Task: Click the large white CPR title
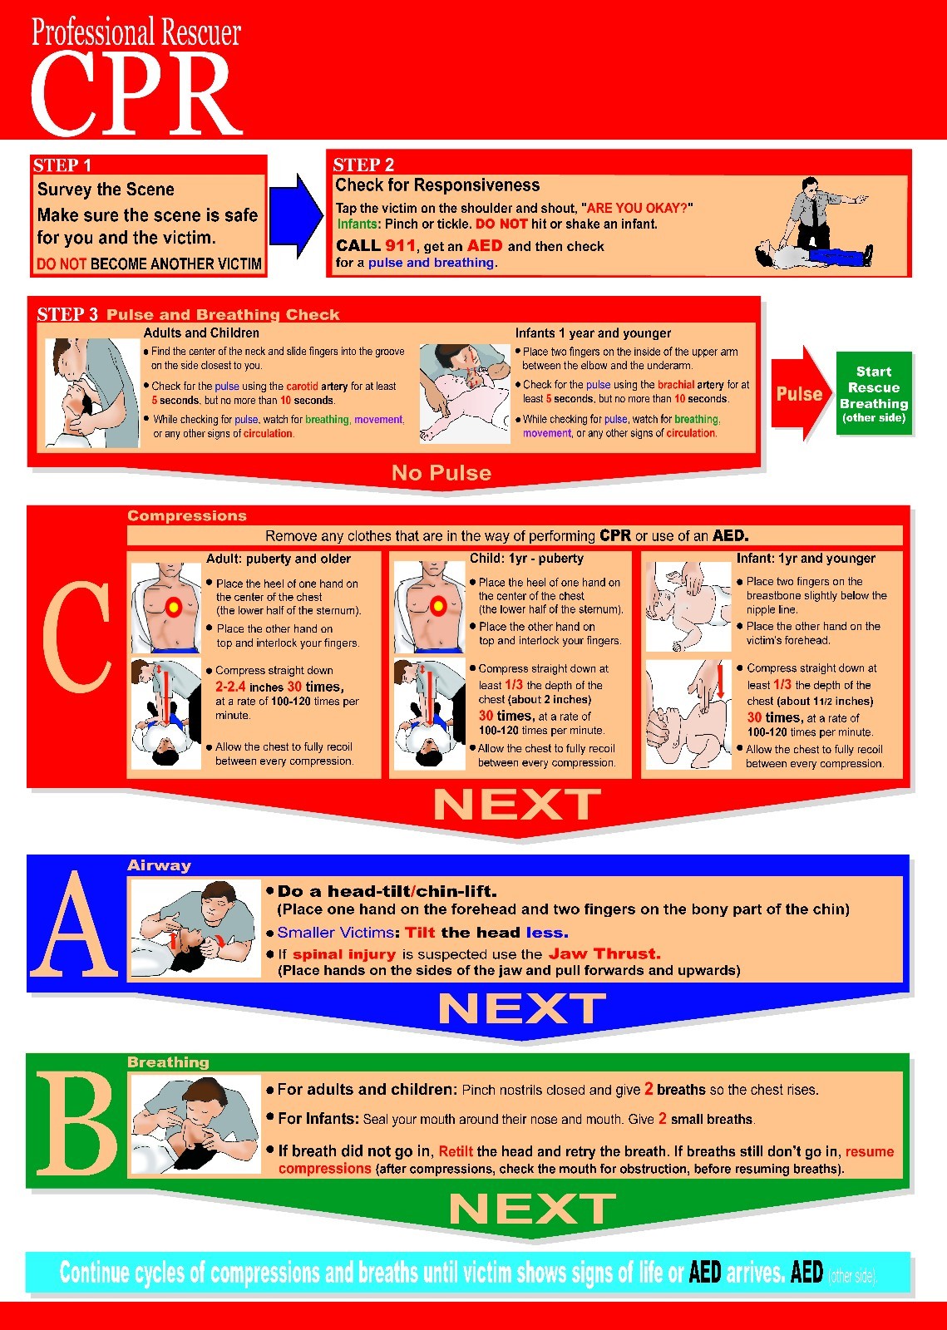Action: [x=135, y=93]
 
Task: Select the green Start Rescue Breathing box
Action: [x=873, y=393]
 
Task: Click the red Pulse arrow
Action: [x=799, y=393]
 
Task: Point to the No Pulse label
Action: [x=441, y=473]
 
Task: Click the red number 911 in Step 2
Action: [x=400, y=245]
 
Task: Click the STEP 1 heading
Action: [x=62, y=165]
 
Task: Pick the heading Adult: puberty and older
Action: [x=278, y=559]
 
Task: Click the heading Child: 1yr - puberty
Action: [x=526, y=559]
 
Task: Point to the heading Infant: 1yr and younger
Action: [x=805, y=559]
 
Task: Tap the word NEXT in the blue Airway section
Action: [x=521, y=1009]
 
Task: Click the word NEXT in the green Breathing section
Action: [x=532, y=1209]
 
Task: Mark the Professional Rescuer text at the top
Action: [x=136, y=32]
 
